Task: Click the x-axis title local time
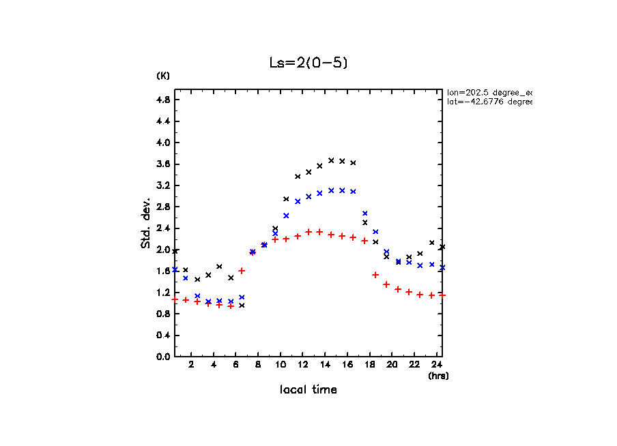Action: tap(308, 390)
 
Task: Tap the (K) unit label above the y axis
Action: tap(163, 76)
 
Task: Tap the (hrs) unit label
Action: tap(437, 376)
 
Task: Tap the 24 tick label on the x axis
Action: tap(436, 365)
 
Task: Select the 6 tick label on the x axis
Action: tap(235, 365)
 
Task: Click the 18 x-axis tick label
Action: tap(369, 365)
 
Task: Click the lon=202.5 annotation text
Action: tap(489, 92)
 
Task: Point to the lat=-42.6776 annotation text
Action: tap(489, 102)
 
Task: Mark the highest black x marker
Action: tap(331, 160)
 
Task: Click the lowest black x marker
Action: tap(242, 306)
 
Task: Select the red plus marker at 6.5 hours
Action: tap(242, 271)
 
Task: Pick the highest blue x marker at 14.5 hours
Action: tap(331, 190)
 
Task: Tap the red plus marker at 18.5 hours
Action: tap(375, 275)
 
